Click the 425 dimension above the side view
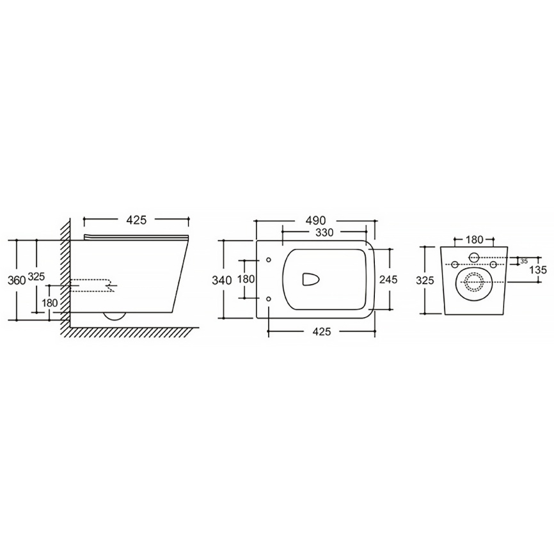coord(137,220)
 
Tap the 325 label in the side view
coord(36,277)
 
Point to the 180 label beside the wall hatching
coord(51,303)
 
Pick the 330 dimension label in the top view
coord(324,232)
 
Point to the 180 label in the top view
coord(246,279)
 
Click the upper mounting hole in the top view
coord(268,260)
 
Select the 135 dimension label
coord(537,270)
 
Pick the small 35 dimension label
coord(523,262)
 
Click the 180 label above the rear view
coord(473,240)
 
